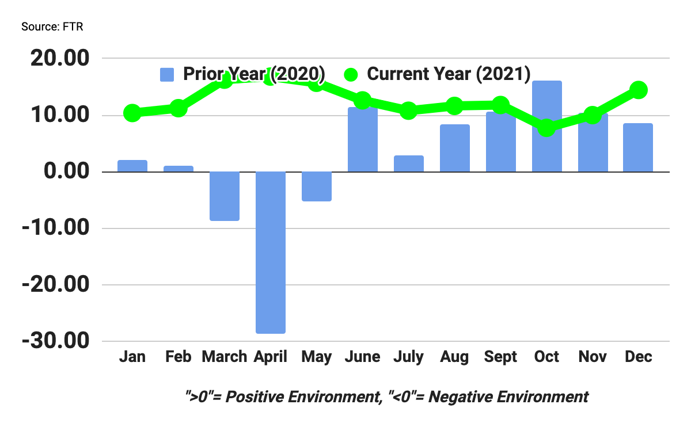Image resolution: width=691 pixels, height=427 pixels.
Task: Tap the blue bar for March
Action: pos(225,196)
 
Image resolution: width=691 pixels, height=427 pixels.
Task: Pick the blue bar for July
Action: pos(409,164)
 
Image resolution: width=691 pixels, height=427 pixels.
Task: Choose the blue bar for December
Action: pos(638,148)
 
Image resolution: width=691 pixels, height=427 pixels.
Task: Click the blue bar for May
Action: pos(317,186)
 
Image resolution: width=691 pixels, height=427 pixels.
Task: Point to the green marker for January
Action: pos(132,113)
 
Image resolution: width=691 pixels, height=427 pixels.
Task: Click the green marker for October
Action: pos(546,128)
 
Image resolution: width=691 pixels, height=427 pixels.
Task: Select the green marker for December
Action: pos(639,90)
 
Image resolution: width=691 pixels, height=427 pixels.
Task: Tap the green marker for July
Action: pos(409,110)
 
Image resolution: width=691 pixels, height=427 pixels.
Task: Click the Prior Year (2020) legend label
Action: pos(254,74)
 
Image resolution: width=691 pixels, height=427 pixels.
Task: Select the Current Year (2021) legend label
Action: pos(448,74)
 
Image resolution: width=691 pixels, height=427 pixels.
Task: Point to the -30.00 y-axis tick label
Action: pos(56,341)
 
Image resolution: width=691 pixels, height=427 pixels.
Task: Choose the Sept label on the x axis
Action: pos(500,357)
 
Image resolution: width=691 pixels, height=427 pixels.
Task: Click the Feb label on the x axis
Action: pos(179,357)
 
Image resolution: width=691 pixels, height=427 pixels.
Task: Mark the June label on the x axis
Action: pos(363,357)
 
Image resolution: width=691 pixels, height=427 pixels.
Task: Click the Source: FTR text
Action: pos(52,27)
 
